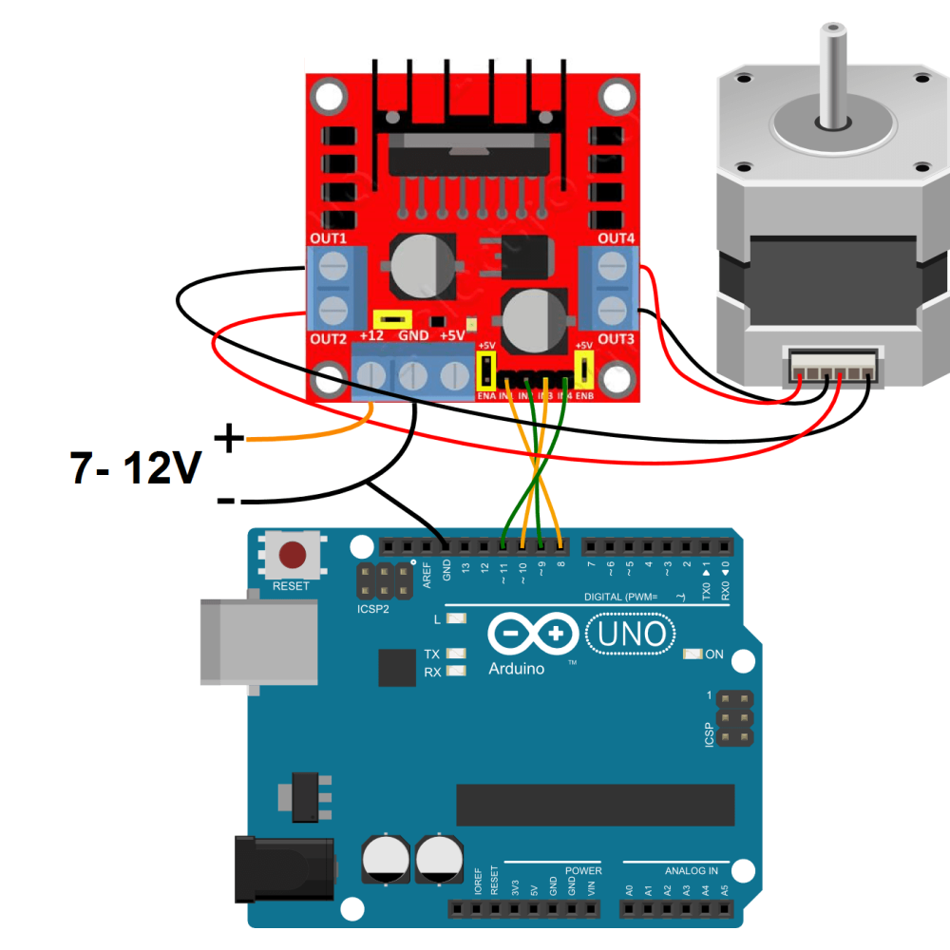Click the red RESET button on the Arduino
pos(294,554)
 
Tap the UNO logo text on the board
pos(632,634)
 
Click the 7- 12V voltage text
pos(136,467)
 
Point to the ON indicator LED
pos(693,655)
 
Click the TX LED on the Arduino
pos(457,655)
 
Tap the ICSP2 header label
pos(372,608)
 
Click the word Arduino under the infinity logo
pos(517,669)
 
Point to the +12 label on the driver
pos(371,336)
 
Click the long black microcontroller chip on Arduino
pos(595,805)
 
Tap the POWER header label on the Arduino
pos(582,870)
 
